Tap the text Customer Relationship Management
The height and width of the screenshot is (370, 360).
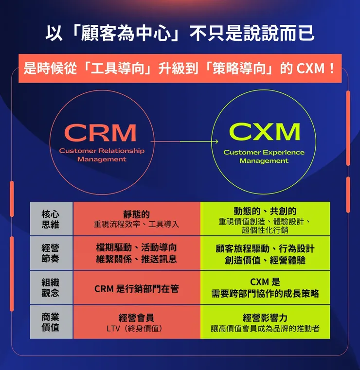click(102, 155)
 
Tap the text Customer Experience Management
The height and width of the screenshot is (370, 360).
click(264, 156)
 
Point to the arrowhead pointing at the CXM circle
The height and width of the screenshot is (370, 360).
click(216, 141)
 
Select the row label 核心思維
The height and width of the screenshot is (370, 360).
click(51, 219)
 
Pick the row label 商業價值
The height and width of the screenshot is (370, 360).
click(51, 322)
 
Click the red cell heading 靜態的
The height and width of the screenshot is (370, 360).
click(136, 214)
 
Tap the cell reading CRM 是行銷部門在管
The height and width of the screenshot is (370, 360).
click(136, 289)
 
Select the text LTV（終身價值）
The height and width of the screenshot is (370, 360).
click(136, 328)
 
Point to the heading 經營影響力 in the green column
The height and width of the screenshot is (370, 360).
click(265, 317)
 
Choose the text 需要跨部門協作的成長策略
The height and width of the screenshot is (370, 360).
click(265, 294)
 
